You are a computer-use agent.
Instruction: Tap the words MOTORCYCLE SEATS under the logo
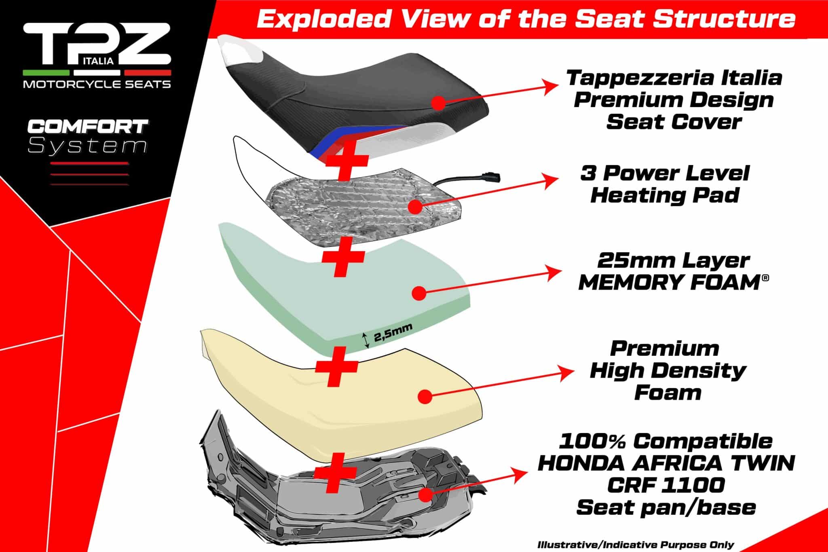[x=97, y=84]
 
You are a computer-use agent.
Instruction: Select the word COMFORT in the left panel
[x=87, y=127]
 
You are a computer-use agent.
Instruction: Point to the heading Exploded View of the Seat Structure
[x=526, y=19]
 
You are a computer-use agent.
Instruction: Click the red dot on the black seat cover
[x=438, y=103]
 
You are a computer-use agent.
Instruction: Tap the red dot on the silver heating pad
[x=416, y=207]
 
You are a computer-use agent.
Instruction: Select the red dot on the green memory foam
[x=419, y=293]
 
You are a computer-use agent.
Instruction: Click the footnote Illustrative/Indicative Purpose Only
[x=636, y=545]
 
